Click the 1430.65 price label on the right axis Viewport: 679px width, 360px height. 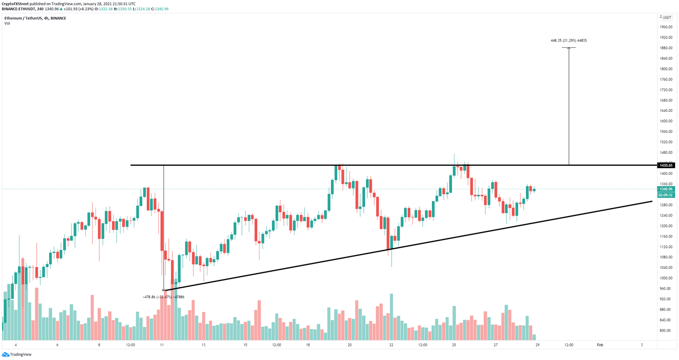[x=665, y=165]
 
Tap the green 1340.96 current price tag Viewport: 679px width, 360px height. [x=665, y=189]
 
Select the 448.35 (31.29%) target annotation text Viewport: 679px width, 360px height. [x=568, y=41]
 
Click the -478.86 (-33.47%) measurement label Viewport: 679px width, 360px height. [x=164, y=297]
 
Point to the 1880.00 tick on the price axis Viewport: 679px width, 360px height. [x=666, y=48]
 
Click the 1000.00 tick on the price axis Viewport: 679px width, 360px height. [x=666, y=278]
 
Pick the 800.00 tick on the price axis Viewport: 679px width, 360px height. [x=667, y=330]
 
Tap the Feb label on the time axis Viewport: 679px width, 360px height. [x=600, y=345]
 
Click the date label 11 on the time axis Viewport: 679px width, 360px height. [x=162, y=345]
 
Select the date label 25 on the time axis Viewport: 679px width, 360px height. [x=454, y=345]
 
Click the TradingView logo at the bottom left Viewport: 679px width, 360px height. [x=17, y=354]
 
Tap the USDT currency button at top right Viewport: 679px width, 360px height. [x=667, y=18]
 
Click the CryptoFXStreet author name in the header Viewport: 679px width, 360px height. [x=15, y=4]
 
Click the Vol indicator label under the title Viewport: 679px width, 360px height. [x=7, y=23]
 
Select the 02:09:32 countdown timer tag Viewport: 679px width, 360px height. [x=665, y=195]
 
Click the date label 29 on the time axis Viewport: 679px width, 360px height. [x=537, y=345]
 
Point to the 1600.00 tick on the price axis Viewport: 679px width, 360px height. [x=666, y=121]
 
